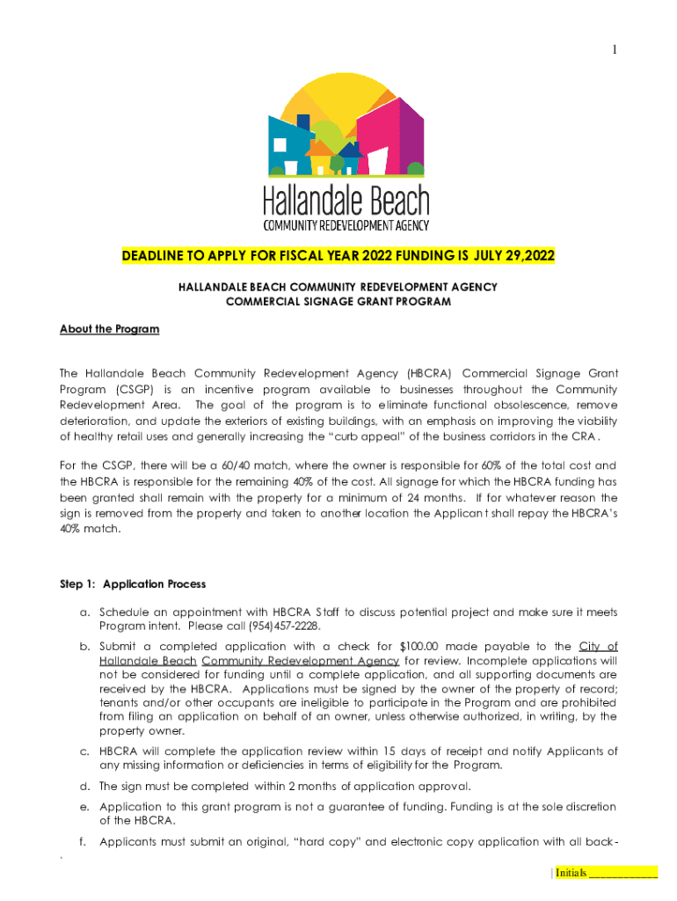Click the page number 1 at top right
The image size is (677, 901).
615,50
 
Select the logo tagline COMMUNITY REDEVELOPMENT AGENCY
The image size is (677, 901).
346,225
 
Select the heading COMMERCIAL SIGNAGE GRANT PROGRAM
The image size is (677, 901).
338,301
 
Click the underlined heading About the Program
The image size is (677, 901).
109,329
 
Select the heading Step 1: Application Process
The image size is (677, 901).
133,583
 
